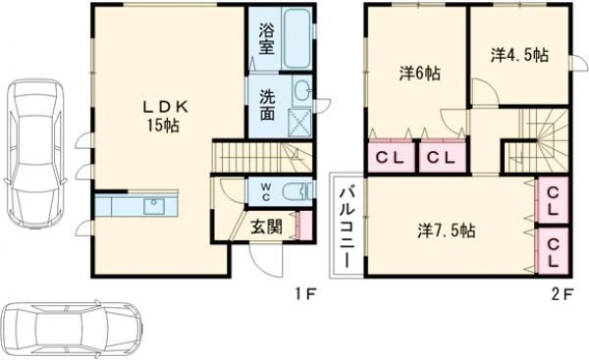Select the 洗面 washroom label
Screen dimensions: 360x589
tap(267, 105)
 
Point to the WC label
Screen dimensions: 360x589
tap(265, 189)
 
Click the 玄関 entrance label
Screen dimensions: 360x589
tap(266, 225)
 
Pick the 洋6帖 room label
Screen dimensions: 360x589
tap(418, 74)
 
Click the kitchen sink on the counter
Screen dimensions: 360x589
tap(154, 206)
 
